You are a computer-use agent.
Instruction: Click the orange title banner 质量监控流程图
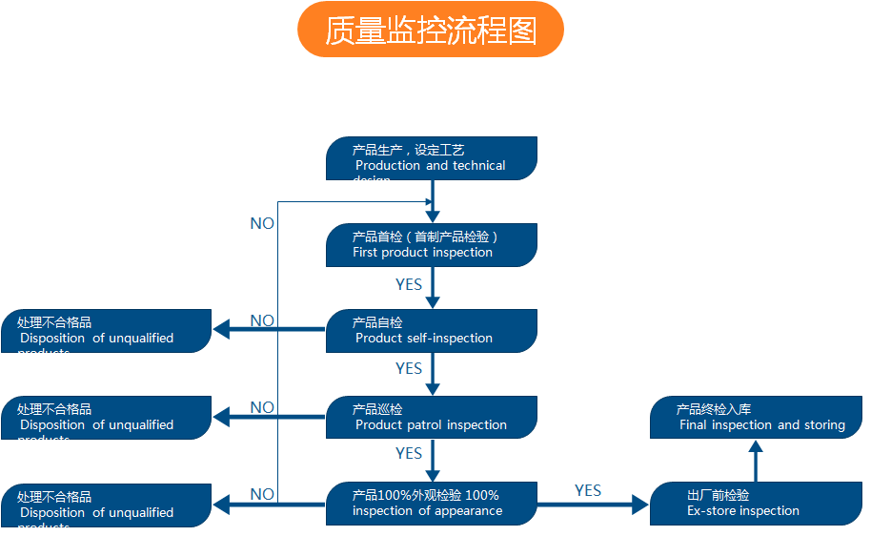coord(431,30)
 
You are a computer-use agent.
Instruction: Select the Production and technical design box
coord(431,158)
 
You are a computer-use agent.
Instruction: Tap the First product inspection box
coord(431,245)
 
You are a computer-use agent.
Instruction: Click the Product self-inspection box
coord(431,331)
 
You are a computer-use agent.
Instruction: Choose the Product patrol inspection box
coord(431,418)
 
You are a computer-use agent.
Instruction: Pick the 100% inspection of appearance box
coord(431,504)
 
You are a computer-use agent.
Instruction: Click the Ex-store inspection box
coord(756,504)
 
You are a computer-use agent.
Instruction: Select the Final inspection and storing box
coord(756,418)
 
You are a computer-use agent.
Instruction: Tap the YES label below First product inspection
coord(409,284)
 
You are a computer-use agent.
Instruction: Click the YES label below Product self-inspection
coord(409,368)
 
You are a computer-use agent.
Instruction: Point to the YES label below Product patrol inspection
coord(409,453)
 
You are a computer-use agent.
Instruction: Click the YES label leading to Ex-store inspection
coord(588,490)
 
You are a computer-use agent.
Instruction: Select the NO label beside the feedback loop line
coord(262,223)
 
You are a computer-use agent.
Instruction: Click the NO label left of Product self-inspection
coord(262,320)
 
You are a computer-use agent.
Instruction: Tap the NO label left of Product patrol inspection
coord(262,407)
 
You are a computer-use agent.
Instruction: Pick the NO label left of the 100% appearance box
coord(262,494)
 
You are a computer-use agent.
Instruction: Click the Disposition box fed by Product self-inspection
coord(106,331)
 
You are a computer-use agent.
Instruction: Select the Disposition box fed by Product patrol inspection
coord(106,418)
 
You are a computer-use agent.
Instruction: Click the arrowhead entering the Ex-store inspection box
coord(640,505)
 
